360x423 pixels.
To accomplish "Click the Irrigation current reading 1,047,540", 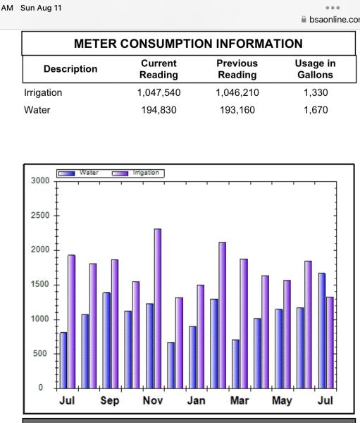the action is click(x=159, y=93).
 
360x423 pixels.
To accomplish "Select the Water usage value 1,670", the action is click(x=316, y=110).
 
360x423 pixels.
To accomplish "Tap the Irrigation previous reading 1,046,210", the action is click(x=237, y=93).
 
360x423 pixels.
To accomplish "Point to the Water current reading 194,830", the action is click(x=159, y=110).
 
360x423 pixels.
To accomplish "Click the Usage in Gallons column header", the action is click(x=315, y=69).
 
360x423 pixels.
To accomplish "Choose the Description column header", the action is click(x=70, y=69).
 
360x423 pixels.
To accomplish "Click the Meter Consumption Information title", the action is click(x=188, y=44).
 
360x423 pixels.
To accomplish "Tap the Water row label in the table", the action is click(x=37, y=110).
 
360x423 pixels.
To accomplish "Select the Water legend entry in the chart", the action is click(x=78, y=173).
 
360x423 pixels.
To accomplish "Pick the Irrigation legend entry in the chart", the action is click(x=136, y=173).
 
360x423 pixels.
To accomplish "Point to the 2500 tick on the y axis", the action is click(x=40, y=215).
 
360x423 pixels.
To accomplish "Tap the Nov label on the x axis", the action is click(x=153, y=400).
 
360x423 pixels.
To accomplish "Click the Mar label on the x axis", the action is click(x=240, y=400).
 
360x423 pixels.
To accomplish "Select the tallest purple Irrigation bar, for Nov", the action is click(x=158, y=309).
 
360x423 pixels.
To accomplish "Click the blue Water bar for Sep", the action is click(x=106, y=341).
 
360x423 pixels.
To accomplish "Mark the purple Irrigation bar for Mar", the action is click(x=244, y=324).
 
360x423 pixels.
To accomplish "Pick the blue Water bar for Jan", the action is click(x=192, y=357).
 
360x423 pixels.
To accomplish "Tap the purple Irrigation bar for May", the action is click(x=287, y=334).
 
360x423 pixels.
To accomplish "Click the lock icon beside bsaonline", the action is click(x=304, y=20).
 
